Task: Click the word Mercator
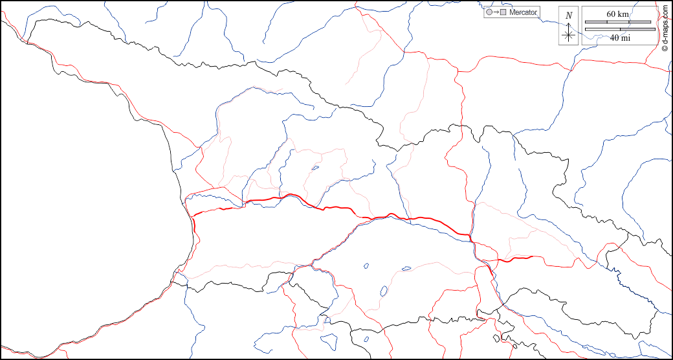523,12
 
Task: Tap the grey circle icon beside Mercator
489,12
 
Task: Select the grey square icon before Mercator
503,12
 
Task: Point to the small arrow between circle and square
496,12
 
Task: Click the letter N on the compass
568,16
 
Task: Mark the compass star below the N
568,35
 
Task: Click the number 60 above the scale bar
612,14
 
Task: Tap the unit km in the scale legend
623,14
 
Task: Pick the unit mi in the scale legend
626,38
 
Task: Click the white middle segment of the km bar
617,22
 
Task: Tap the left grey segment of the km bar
595,22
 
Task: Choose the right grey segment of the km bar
639,22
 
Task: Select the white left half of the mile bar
602,29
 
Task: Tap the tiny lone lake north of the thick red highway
314,168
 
